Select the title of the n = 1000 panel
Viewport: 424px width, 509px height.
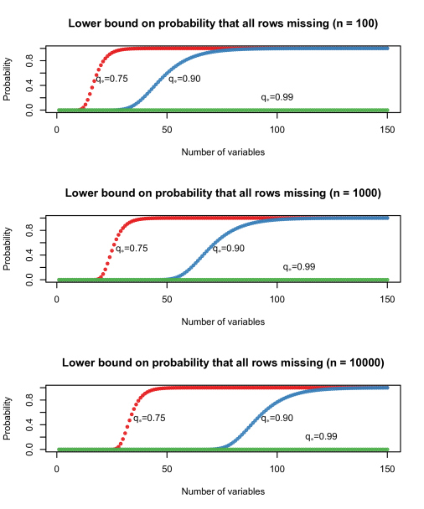pos(223,193)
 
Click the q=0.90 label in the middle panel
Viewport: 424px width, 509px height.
pos(228,249)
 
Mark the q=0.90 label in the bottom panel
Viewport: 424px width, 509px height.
pos(277,418)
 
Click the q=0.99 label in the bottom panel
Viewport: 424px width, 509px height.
pos(321,437)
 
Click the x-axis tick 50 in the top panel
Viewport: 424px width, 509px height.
pos(167,131)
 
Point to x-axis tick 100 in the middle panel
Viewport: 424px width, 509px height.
pos(277,300)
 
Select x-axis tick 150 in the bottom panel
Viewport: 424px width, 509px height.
pos(388,470)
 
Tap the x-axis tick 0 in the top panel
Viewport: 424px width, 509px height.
pos(56,131)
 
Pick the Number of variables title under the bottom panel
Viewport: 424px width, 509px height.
pos(223,491)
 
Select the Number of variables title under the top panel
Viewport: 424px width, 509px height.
pos(223,152)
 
